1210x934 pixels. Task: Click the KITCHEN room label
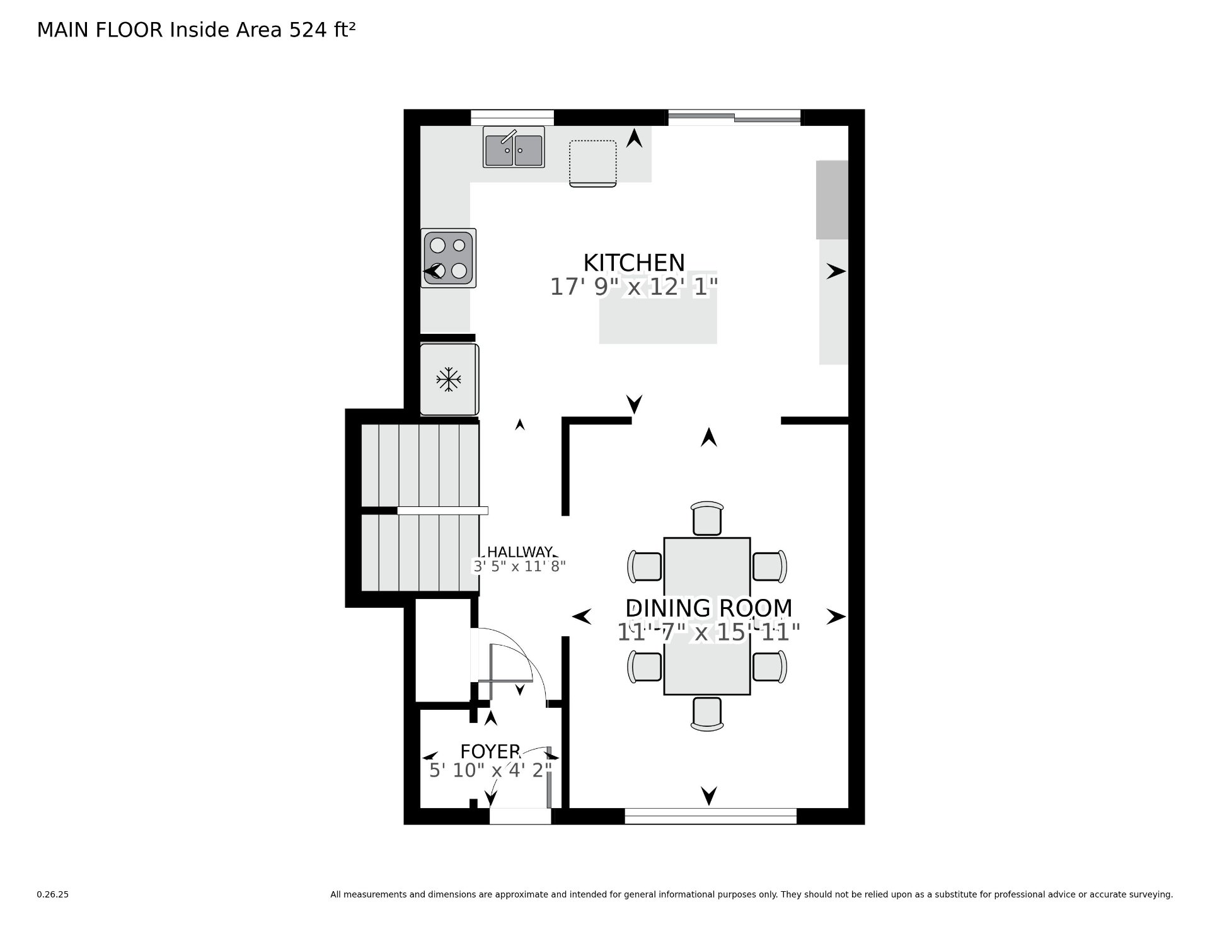pos(634,262)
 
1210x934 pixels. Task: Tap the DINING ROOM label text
pos(709,608)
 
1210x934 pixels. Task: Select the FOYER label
pos(490,751)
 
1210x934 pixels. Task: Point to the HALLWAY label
pos(520,552)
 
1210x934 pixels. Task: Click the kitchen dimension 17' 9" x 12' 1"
pos(634,287)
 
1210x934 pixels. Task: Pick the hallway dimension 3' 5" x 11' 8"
pos(520,566)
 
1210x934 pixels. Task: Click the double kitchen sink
pos(514,147)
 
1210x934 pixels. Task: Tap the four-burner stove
pos(448,258)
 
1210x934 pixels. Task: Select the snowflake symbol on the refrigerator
pos(449,379)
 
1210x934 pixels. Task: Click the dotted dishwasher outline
pos(593,163)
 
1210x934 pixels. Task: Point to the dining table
pos(707,616)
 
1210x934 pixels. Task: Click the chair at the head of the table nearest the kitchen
pos(707,518)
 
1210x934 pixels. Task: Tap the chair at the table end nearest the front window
pos(707,714)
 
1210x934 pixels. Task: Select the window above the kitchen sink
pos(512,118)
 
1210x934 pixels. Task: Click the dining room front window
pos(711,816)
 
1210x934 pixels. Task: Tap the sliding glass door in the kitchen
pos(735,117)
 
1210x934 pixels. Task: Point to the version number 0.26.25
pos(53,894)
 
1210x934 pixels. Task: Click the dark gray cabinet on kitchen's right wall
pos(832,200)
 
